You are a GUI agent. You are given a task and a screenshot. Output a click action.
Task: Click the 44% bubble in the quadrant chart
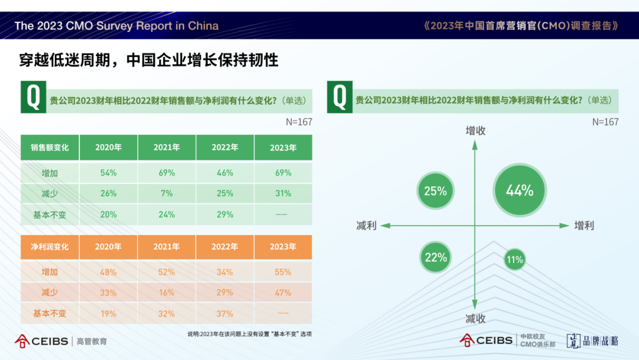pos(519,191)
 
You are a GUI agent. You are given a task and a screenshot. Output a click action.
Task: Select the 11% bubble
pos(515,259)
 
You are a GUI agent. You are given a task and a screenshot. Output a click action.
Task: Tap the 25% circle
pos(435,191)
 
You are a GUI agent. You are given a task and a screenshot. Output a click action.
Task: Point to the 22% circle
pos(436,258)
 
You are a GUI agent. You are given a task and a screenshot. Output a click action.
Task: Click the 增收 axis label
pos(475,131)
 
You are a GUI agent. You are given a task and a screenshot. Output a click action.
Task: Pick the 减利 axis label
pos(366,226)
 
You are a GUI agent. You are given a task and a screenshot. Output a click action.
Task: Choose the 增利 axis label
pos(584,226)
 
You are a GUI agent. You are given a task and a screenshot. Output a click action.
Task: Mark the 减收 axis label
pos(475,319)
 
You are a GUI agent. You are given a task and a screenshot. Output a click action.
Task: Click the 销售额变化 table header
pos(50,147)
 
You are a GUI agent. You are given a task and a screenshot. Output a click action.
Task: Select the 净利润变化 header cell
pos(50,247)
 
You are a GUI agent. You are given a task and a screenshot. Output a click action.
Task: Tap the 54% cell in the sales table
pos(108,173)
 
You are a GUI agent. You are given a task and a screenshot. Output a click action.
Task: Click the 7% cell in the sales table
pos(166,194)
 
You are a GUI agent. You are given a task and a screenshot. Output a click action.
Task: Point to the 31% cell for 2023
pos(283,194)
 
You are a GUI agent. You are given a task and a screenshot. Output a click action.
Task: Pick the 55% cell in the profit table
pos(283,272)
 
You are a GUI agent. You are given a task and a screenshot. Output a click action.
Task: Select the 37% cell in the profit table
pos(225,313)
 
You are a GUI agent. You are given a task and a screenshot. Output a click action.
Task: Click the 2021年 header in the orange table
pos(166,247)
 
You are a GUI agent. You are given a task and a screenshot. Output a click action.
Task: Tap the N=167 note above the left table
pos(298,122)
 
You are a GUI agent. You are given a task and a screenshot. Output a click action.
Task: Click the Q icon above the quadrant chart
pos(340,97)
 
